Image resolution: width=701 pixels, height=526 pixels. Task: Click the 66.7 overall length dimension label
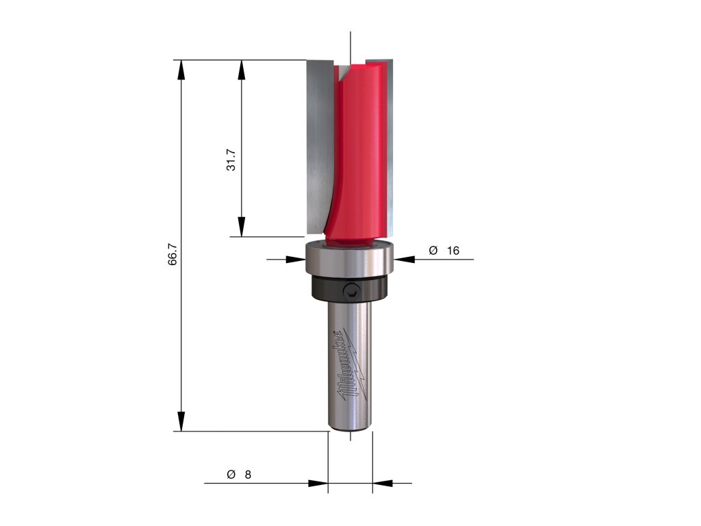pyautogui.click(x=173, y=255)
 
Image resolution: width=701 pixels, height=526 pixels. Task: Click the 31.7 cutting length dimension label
pyautogui.click(x=231, y=160)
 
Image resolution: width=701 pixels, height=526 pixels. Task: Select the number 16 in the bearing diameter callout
pyautogui.click(x=453, y=251)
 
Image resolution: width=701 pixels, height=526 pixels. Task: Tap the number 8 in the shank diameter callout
pyautogui.click(x=248, y=475)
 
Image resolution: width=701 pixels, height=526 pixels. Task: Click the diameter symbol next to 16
pyautogui.click(x=433, y=250)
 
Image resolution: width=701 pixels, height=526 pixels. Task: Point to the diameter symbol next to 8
pyautogui.click(x=231, y=474)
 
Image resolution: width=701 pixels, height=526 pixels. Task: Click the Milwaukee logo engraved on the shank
pyautogui.click(x=352, y=364)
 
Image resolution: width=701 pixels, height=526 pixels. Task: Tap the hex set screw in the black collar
pyautogui.click(x=350, y=291)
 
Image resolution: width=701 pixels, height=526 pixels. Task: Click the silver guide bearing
pyautogui.click(x=349, y=258)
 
